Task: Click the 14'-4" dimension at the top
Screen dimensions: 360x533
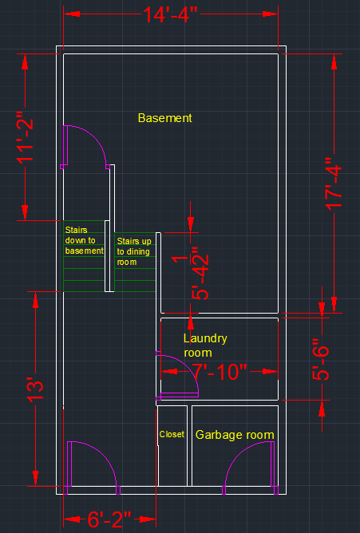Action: tap(170, 14)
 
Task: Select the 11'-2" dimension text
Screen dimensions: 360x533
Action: tap(26, 138)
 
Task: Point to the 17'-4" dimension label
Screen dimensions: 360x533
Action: tap(334, 184)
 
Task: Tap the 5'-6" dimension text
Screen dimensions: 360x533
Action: tap(321, 359)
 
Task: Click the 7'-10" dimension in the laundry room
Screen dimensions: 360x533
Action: tap(220, 372)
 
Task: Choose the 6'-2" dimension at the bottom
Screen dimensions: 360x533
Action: tap(109, 519)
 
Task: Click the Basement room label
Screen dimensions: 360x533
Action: tap(165, 118)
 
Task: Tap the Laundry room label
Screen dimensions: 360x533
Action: tap(205, 345)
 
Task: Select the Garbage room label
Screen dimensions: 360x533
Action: tap(235, 435)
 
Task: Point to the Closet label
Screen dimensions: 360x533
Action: tap(172, 434)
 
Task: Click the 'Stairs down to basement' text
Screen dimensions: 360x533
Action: tap(85, 240)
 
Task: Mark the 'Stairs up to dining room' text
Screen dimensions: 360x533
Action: tap(134, 251)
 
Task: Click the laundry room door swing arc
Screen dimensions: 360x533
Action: tap(188, 367)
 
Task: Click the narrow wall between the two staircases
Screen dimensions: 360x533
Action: tap(107, 256)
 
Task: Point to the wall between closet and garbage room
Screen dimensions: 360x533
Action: tap(189, 446)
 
